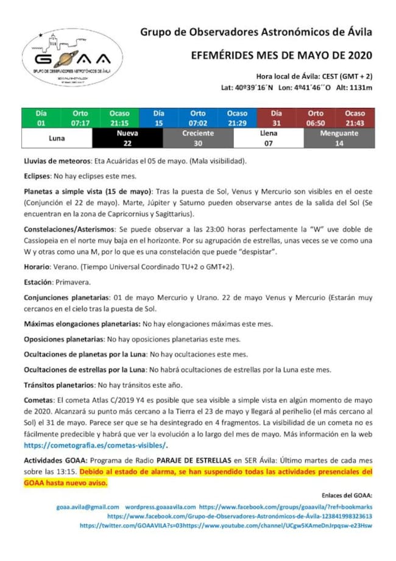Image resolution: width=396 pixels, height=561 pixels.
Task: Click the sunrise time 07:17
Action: (x=80, y=122)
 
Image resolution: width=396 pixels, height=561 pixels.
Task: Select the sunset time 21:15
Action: (x=119, y=122)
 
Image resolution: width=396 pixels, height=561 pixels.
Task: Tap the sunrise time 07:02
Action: (x=197, y=122)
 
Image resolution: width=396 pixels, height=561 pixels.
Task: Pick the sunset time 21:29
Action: (x=237, y=122)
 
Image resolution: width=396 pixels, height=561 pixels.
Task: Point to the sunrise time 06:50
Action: (x=316, y=122)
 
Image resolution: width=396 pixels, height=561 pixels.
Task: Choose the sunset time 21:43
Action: (x=355, y=122)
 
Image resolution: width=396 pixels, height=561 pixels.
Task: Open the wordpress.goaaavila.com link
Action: (x=160, y=507)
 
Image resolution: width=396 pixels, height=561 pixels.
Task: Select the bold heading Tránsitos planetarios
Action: (x=59, y=385)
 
